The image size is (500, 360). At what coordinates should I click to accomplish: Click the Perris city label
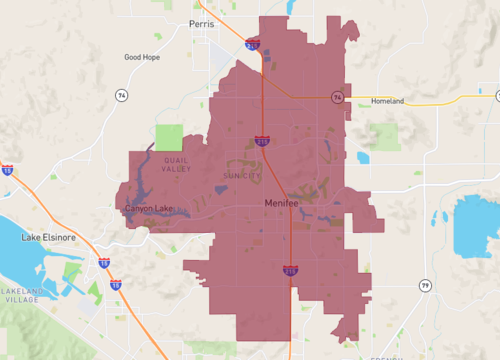[x=202, y=21]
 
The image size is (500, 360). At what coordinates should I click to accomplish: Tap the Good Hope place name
[x=143, y=57]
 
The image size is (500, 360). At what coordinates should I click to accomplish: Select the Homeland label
[x=387, y=101]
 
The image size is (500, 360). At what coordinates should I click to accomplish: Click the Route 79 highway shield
[x=425, y=285]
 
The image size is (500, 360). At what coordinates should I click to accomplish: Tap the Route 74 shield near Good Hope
[x=121, y=94]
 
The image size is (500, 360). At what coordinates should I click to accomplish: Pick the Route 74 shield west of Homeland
[x=338, y=97]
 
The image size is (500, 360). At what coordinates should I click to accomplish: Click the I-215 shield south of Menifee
[x=290, y=270]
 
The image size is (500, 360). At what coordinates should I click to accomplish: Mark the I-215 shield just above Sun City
[x=262, y=141]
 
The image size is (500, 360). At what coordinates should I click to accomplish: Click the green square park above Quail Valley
[x=169, y=138]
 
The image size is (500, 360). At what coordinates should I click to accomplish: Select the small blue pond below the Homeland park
[x=363, y=158]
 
